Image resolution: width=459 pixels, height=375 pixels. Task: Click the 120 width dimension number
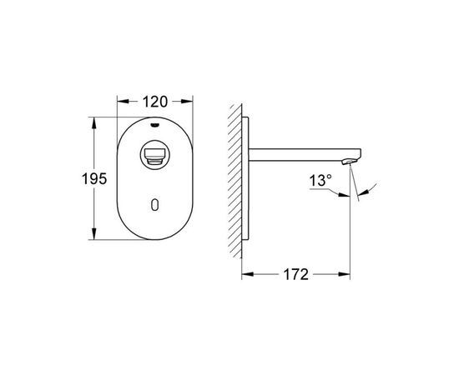tap(155, 102)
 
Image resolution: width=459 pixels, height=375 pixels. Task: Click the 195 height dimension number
tap(94, 178)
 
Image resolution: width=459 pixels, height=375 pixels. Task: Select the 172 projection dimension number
tap(295, 274)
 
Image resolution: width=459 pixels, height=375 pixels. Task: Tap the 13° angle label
tap(320, 180)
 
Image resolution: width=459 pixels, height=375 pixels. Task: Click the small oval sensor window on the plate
tap(155, 205)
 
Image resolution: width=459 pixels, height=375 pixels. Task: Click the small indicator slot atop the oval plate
tap(154, 126)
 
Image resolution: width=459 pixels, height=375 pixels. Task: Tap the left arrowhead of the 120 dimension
tap(123, 102)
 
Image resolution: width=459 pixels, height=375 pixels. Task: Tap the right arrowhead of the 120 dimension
tap(187, 102)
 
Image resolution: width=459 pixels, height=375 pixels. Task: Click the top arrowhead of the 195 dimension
tap(94, 123)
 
